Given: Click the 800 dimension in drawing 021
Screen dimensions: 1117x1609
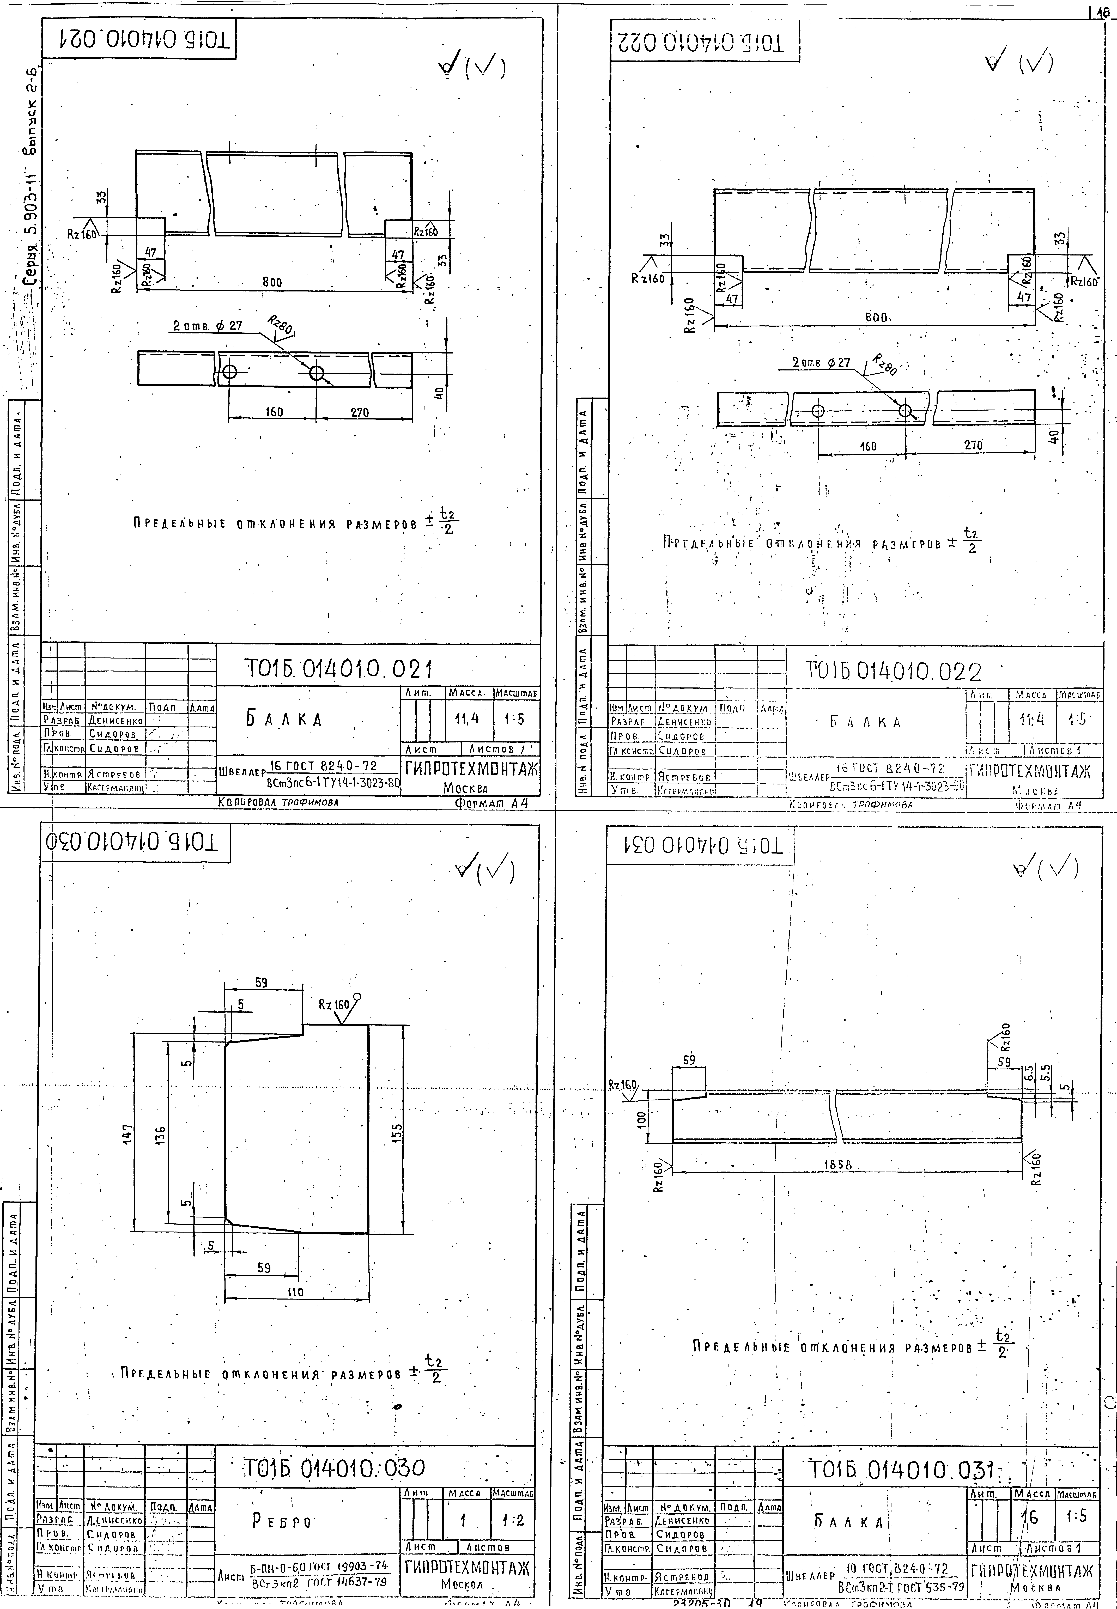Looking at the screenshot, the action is pyautogui.click(x=272, y=282).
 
